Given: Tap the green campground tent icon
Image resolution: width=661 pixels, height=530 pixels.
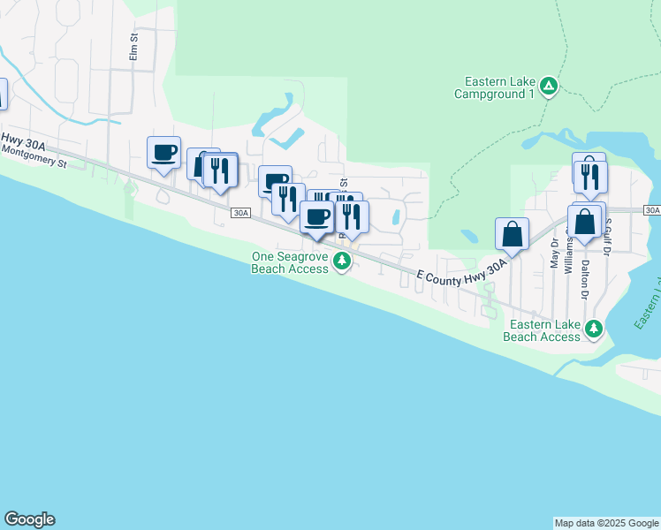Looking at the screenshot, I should point(549,86).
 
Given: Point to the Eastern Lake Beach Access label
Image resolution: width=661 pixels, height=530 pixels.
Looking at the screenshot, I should point(542,330).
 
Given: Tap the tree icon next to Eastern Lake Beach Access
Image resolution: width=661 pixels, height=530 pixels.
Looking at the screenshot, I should point(595,329).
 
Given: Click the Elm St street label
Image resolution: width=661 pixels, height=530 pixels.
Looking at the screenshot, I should point(134,46).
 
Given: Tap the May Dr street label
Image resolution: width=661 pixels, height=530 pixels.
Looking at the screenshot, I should point(554,254).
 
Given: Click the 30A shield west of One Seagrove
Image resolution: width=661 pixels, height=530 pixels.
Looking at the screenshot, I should point(241,213).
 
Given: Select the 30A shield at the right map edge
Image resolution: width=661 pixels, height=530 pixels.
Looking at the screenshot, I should point(652,209).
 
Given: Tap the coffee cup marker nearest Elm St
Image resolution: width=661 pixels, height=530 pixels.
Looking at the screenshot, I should point(163,152).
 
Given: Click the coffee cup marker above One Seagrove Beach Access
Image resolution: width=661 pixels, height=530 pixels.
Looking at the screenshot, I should point(317,217).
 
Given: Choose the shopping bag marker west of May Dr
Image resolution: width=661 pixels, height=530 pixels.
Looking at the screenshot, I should point(512,234).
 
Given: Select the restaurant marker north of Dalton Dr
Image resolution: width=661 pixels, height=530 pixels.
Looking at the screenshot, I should point(589,175).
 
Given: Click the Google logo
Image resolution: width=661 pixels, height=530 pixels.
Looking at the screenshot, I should point(29,519).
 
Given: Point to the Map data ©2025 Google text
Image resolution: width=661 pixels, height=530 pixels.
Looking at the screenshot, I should point(606,523).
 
